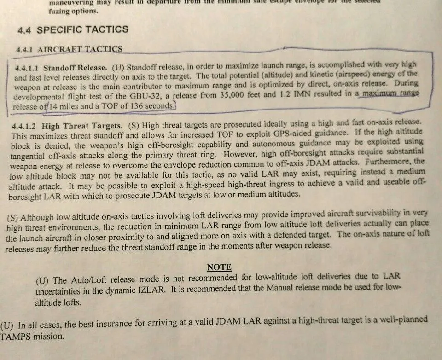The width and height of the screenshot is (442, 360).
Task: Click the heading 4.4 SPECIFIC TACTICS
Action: [73, 30]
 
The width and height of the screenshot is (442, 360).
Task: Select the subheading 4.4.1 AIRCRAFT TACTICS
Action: [69, 49]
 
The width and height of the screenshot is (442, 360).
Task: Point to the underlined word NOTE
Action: [219, 267]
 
